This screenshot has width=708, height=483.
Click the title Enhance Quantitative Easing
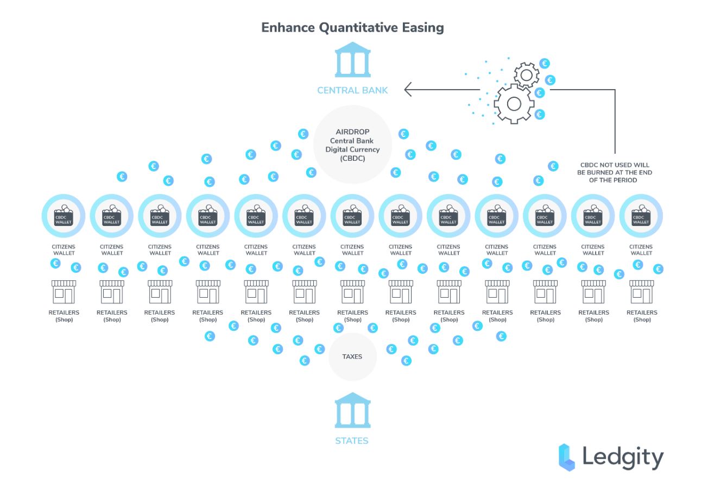pos(352,28)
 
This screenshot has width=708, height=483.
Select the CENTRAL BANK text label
pos(352,91)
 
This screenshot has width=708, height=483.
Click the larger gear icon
pos(514,104)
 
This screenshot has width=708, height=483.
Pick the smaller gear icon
pos(526,76)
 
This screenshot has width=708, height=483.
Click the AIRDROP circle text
pos(352,145)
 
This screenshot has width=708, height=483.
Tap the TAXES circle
pos(352,356)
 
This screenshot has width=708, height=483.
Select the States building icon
pos(352,410)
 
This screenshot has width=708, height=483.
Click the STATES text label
pos(352,441)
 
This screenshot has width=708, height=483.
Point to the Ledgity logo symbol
pos(567,457)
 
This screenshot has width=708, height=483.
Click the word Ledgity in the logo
pos(623,457)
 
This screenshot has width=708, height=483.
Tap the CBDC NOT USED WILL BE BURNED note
pos(615,172)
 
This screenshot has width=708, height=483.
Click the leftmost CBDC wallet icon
pos(64,216)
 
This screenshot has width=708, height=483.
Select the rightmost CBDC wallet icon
pos(641,216)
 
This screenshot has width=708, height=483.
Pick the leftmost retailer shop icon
pos(64,292)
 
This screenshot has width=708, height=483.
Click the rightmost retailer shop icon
pos(642,292)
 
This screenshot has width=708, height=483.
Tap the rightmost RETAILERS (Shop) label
pos(642,316)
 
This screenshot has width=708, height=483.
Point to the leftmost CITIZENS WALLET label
pos(64,250)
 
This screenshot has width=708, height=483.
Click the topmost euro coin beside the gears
pos(545,64)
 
